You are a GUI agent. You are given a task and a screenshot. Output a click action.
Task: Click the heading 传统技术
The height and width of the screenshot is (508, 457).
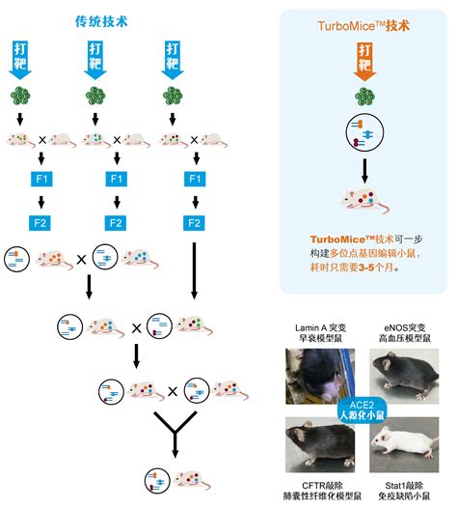[x=115, y=20]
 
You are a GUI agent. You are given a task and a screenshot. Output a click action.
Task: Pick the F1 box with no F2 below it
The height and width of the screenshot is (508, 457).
[x=195, y=180]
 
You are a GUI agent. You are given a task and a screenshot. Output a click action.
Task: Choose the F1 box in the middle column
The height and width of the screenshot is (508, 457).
[x=116, y=180]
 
